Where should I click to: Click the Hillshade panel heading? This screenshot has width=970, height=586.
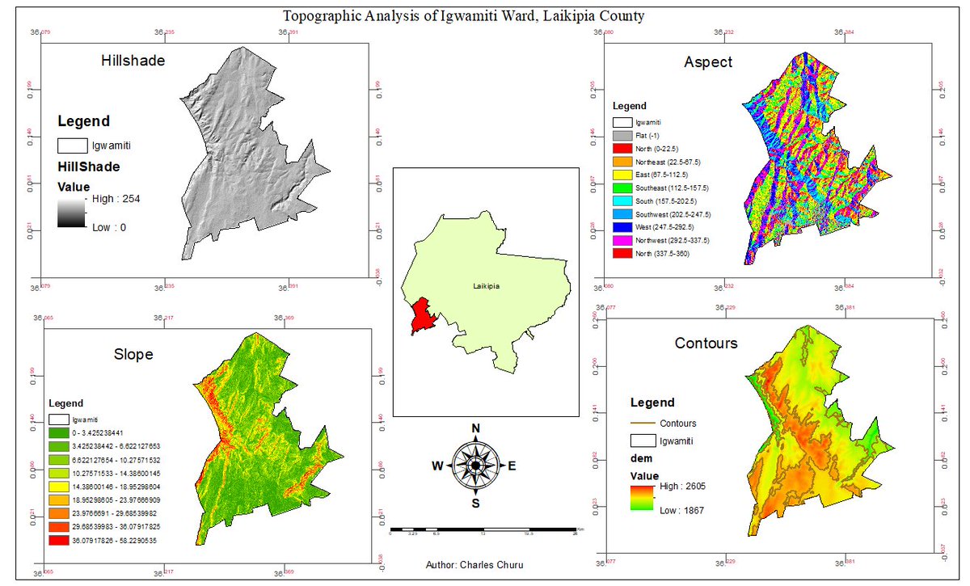pyautogui.click(x=133, y=61)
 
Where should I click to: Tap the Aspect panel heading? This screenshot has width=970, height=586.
pyautogui.click(x=708, y=62)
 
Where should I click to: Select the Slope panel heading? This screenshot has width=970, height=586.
pyautogui.click(x=133, y=354)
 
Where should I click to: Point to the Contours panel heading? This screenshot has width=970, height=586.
pyautogui.click(x=706, y=344)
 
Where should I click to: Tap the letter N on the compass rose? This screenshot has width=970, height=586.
pyautogui.click(x=476, y=428)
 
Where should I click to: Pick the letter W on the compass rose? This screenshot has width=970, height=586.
pyautogui.click(x=437, y=466)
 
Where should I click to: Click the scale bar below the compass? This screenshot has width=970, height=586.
pyautogui.click(x=483, y=530)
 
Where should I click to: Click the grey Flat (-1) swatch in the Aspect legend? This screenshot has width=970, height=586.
pyautogui.click(x=621, y=135)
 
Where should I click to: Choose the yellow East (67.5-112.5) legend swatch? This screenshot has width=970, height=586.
pyautogui.click(x=621, y=175)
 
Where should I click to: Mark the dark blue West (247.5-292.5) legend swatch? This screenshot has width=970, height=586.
pyautogui.click(x=621, y=227)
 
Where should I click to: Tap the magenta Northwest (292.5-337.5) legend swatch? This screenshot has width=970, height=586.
pyautogui.click(x=621, y=240)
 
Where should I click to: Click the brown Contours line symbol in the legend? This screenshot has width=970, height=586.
pyautogui.click(x=642, y=423)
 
